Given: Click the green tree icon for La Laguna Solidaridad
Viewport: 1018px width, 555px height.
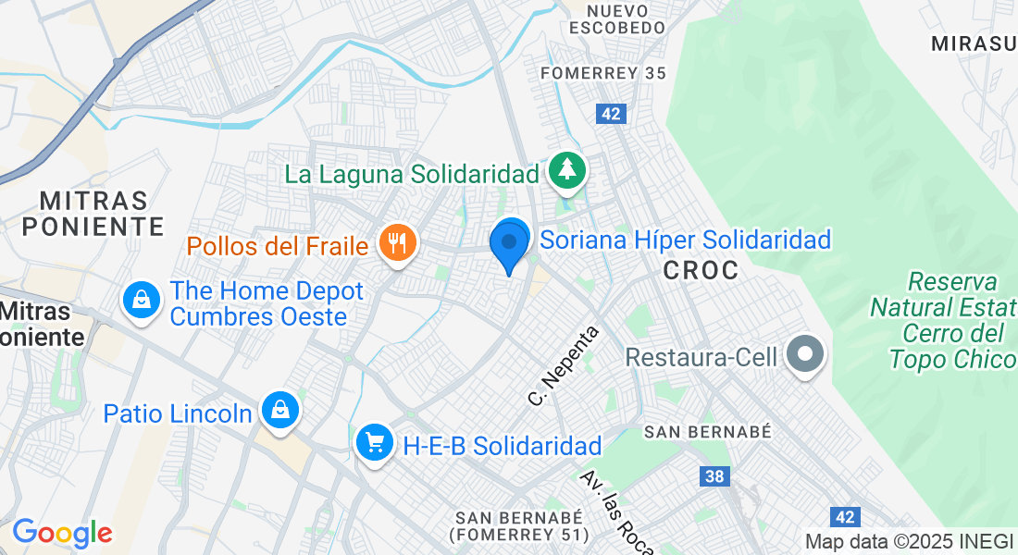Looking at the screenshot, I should (x=566, y=170).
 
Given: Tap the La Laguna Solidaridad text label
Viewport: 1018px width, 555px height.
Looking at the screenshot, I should (x=411, y=174).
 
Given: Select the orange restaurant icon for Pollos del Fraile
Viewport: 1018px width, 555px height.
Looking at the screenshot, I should (x=398, y=244).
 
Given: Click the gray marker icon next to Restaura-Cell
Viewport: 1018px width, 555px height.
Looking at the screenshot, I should (x=804, y=354).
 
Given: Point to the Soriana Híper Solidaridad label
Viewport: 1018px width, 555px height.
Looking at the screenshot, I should (x=685, y=240).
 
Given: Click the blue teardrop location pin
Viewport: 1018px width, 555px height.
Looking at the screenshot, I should (x=508, y=245).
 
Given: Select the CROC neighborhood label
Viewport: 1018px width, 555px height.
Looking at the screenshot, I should (x=701, y=270).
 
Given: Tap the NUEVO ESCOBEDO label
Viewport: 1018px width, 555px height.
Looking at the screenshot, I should (x=617, y=18).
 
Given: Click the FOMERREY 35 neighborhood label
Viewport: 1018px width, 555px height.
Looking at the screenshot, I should (x=602, y=74).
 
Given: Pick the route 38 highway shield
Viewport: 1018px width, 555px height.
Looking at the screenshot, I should (x=714, y=476).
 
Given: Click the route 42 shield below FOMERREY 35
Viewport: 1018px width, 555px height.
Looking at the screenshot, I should (x=611, y=114).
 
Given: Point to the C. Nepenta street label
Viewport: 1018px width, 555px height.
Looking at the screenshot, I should (x=564, y=366).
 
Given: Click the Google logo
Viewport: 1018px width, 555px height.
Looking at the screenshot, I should (x=62, y=533).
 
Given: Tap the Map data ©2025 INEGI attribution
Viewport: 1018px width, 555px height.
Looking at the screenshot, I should (x=910, y=542).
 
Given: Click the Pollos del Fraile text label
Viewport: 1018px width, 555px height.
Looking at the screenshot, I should (x=279, y=246).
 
